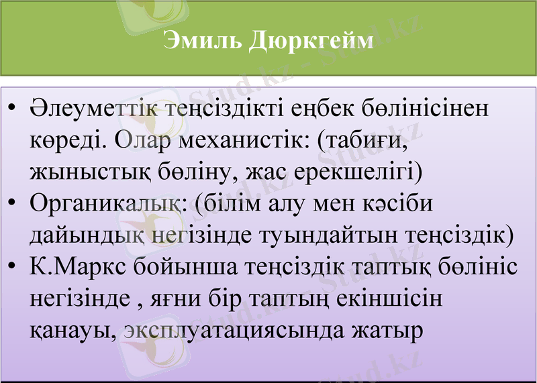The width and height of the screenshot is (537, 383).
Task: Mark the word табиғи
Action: pyautogui.click(x=366, y=140)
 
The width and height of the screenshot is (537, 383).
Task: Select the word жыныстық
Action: pyautogui.click(x=81, y=172)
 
